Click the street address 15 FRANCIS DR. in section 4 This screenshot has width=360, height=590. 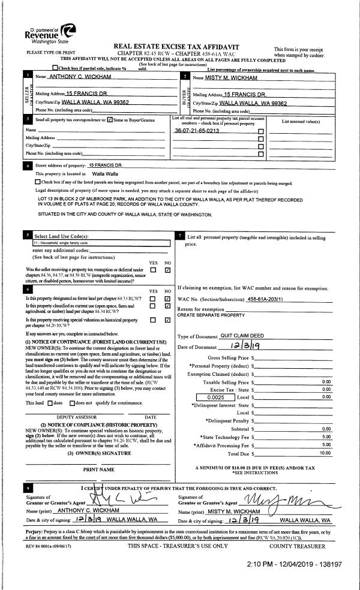click(105, 164)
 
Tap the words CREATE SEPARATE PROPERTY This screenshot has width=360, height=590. click(207, 314)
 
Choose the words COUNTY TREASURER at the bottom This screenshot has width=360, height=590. click(297, 529)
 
